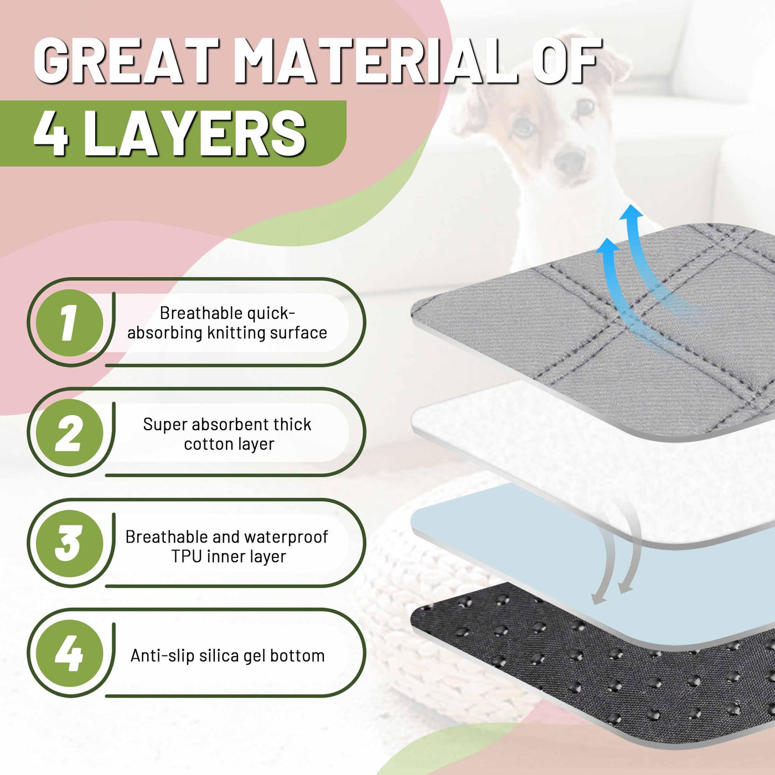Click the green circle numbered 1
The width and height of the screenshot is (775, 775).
tap(69, 323)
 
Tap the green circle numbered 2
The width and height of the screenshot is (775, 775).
tap(69, 432)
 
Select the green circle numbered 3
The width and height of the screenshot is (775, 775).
tap(69, 544)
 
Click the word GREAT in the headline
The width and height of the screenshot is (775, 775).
tap(126, 60)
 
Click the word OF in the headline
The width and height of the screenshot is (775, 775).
tap(567, 60)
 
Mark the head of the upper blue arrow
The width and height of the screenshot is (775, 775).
tap(631, 211)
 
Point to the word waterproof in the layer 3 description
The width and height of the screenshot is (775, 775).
tap(286, 538)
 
